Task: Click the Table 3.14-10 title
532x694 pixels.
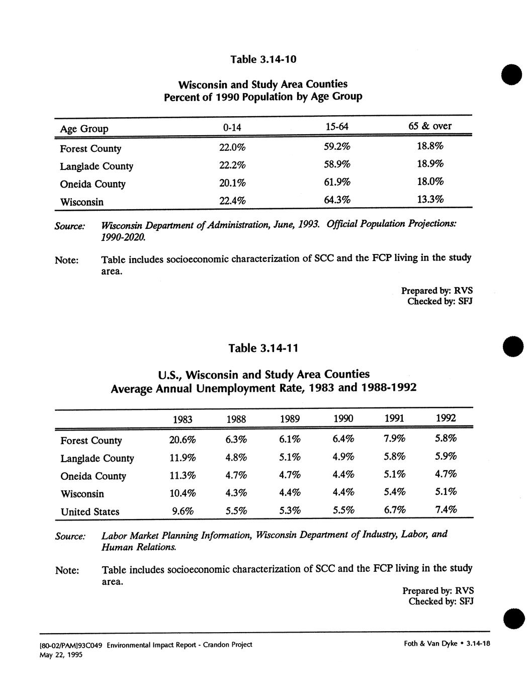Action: tap(263, 59)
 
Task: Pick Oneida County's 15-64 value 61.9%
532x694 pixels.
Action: tap(337, 182)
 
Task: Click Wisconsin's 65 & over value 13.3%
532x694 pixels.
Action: tap(430, 200)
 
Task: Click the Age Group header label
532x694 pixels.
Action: tap(84, 129)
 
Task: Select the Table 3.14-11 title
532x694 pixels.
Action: tap(263, 348)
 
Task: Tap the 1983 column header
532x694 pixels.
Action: tap(182, 419)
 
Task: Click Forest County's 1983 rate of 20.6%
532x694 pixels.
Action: tap(182, 440)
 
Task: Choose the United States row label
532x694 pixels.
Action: tap(90, 512)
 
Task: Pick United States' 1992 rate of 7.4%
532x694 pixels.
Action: tap(446, 510)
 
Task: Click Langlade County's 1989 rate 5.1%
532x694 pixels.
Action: tap(290, 458)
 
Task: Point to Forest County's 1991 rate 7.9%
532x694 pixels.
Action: tap(394, 439)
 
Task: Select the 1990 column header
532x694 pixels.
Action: tap(343, 418)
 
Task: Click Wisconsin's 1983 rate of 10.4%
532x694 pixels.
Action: tap(182, 493)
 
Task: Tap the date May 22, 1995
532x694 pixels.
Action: tap(61, 655)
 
